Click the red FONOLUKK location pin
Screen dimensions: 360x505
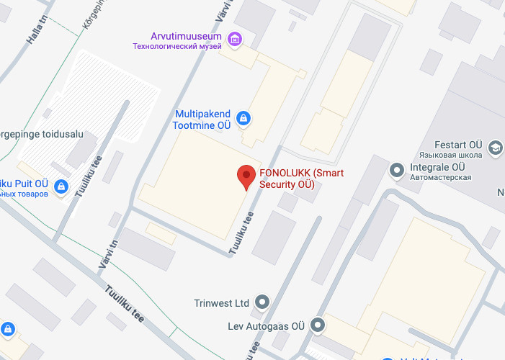click(x=247, y=177)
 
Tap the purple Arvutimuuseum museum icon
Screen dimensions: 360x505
click(x=233, y=37)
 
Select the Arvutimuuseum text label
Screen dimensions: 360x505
click(x=187, y=36)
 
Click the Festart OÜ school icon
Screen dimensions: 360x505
click(x=495, y=147)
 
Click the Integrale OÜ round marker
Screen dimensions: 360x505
click(x=396, y=171)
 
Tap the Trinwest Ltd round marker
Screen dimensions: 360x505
click(x=262, y=302)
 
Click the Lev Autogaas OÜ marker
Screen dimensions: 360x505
click(x=318, y=326)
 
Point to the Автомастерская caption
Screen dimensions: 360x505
click(x=440, y=178)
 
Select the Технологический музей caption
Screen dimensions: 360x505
click(x=176, y=46)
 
